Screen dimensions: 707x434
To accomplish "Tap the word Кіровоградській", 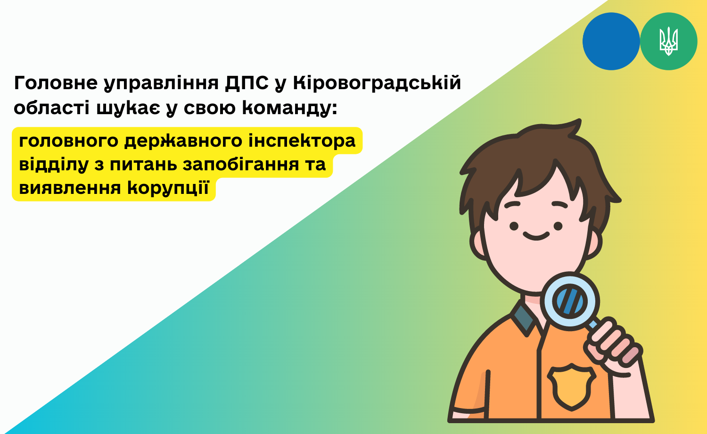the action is pyautogui.click(x=377, y=83).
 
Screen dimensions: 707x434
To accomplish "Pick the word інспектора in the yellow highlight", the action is pyautogui.click(x=302, y=141).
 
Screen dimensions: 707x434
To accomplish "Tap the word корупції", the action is pyautogui.click(x=168, y=188).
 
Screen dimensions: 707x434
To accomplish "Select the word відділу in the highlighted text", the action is pyautogui.click(x=54, y=164).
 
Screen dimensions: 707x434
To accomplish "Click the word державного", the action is pyautogui.click(x=183, y=141).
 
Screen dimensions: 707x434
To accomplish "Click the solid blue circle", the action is pyautogui.click(x=611, y=42).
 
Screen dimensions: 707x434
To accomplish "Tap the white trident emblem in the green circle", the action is pyautogui.click(x=668, y=42).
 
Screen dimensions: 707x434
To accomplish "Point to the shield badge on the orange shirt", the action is pyautogui.click(x=572, y=387).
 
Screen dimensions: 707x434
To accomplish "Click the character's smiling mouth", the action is pyautogui.click(x=536, y=236).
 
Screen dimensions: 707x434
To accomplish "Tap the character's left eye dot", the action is pyautogui.click(x=514, y=226).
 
